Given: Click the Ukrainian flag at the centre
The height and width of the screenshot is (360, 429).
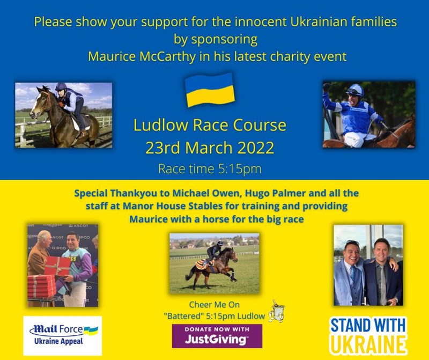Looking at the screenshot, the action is point(210,90).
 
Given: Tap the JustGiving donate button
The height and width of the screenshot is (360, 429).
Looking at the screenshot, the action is point(217,336).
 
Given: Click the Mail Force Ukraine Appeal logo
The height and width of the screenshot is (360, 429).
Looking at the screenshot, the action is point(63,336).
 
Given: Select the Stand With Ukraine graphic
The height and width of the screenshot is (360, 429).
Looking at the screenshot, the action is point(368,336).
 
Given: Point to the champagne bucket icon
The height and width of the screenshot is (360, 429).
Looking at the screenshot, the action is point(276,311).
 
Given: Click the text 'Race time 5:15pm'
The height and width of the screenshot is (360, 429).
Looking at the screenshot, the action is point(210,168).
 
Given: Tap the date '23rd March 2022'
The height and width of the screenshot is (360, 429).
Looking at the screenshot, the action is point(210,148).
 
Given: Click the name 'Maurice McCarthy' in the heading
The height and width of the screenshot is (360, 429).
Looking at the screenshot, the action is point(142,56).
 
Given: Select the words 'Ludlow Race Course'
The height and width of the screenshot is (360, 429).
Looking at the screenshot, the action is point(210,125).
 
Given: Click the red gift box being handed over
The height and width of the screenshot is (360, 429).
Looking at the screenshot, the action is point(57,266).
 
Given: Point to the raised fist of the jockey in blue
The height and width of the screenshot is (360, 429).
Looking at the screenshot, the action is point(326,87).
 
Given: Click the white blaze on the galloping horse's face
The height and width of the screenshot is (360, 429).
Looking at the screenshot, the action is point(35,105).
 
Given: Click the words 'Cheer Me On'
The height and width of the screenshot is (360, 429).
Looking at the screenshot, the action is point(214,304).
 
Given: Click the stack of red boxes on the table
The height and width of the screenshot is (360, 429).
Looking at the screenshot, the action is point(42,286).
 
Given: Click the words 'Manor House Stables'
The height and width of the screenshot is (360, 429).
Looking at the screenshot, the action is point(173,206).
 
